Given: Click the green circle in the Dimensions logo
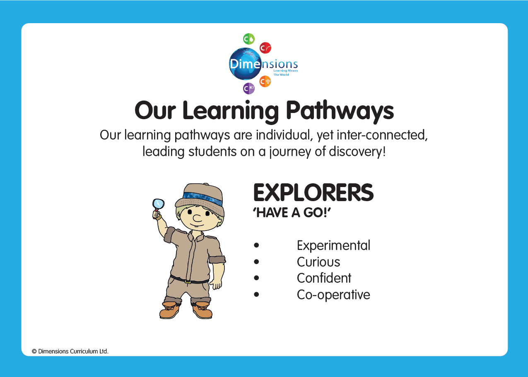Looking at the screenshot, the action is coord(249,39).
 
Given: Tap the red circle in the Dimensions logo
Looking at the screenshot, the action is coord(265,48).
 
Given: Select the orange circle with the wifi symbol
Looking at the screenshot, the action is coord(265,82).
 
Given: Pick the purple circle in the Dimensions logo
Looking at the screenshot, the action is coord(249,89).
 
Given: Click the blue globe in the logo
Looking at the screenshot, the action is coord(246,64).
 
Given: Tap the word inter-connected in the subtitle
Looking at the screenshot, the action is coord(382,135).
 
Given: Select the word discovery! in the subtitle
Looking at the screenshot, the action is coord(357,151).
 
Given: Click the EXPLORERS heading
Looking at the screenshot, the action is coord(313,193).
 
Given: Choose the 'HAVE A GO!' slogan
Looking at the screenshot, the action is coord(292,213).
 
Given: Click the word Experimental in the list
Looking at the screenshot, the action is coord(333,245).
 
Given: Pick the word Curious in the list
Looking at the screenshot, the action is coord(318,262).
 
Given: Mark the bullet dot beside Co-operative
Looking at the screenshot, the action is coord(256,294).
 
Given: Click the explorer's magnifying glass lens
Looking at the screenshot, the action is coord(158,204).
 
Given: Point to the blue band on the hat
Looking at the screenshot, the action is coord(202,199).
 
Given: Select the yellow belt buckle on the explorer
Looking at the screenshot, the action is coord(188,281).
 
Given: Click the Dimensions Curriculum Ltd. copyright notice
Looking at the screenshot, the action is coord(70,351).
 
